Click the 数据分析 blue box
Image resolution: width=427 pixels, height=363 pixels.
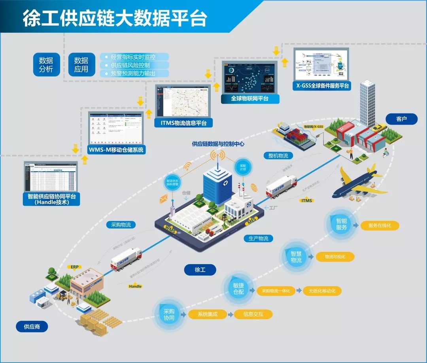(x=46, y=64)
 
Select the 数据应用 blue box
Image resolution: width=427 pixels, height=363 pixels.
(x=81, y=64)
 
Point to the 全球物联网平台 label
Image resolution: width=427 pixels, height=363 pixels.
(x=250, y=98)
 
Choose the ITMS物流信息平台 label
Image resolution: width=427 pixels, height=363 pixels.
(x=183, y=123)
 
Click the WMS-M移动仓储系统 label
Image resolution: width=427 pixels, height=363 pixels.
(x=117, y=150)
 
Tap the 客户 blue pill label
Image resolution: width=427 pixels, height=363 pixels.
(x=401, y=119)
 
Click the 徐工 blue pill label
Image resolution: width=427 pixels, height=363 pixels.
(x=200, y=270)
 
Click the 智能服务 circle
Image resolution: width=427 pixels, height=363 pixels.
(x=342, y=224)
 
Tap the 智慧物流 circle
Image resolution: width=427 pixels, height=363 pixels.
(x=296, y=257)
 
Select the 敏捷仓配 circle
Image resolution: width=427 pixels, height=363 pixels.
(x=238, y=289)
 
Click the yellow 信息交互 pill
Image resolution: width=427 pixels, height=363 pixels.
(x=253, y=314)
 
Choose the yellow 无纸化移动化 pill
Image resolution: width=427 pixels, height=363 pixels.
(x=322, y=291)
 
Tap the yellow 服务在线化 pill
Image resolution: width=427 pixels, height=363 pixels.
(x=380, y=225)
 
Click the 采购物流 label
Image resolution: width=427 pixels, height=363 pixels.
(x=121, y=225)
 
